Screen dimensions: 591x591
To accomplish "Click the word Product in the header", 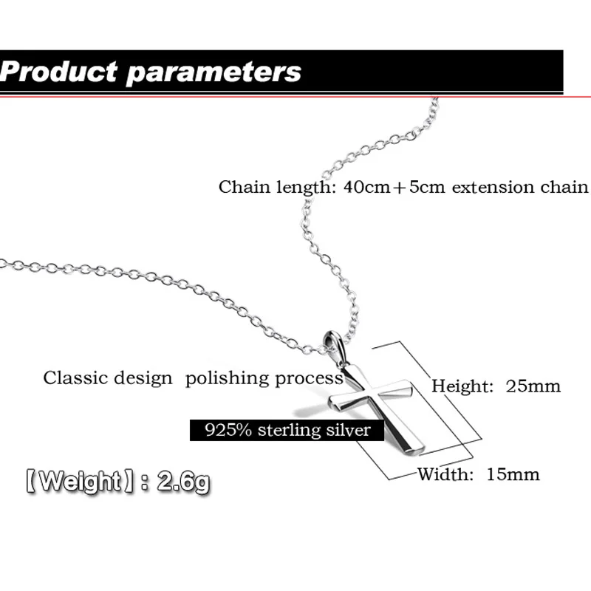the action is [59, 71].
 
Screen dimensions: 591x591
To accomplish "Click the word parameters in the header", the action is [213, 73].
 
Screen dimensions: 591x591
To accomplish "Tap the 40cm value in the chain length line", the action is [367, 187].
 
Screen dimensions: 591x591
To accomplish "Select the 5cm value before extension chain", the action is [427, 187].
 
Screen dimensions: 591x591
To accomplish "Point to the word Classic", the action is [75, 378].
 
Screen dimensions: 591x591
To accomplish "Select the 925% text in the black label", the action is [228, 430].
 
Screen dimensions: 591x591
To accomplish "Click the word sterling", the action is [289, 431].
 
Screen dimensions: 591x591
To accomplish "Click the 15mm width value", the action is [513, 474].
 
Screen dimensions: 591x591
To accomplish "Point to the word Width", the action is [445, 474].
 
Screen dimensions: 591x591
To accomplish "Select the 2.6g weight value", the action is [183, 482].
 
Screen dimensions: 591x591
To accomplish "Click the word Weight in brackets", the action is [80, 481].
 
